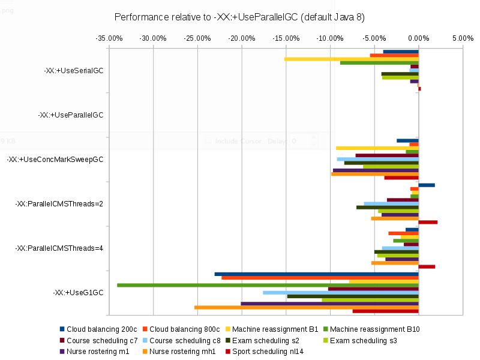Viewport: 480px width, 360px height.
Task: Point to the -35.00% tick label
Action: [109, 38]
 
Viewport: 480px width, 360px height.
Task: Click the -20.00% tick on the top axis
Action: [241, 38]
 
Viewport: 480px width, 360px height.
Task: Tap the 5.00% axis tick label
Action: [463, 38]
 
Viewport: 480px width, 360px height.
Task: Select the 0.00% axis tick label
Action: [418, 38]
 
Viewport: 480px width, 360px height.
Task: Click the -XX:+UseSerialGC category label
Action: [73, 70]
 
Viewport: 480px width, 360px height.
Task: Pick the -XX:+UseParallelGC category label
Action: [70, 115]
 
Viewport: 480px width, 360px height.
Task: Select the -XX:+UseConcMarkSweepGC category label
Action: [55, 160]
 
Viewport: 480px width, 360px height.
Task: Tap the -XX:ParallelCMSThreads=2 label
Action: [59, 204]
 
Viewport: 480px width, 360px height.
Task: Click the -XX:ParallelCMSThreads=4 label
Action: [59, 248]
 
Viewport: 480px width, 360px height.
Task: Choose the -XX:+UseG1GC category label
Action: [78, 293]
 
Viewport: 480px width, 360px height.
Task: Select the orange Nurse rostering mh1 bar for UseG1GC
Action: [306, 307]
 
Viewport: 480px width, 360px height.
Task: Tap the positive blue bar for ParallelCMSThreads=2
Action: [427, 185]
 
